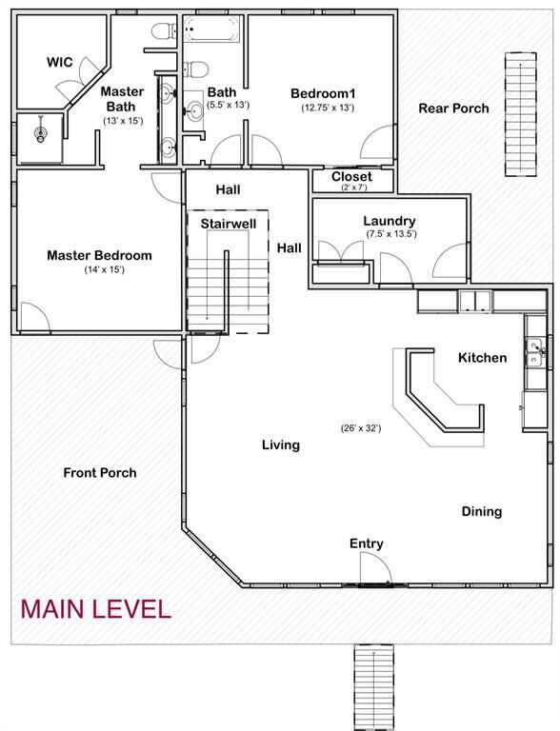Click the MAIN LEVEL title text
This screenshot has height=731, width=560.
95,608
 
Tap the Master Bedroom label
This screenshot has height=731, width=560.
99,255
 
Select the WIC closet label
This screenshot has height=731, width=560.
60,62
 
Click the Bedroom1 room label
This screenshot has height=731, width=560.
323,92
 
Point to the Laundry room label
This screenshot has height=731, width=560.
390,221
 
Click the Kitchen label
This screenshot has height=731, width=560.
482,358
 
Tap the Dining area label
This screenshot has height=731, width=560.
482,511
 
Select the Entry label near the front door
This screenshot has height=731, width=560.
367,543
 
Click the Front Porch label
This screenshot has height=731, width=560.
100,472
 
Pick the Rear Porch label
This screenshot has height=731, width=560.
453,108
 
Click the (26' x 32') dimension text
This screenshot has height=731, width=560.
361,428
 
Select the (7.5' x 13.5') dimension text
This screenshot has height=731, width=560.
390,234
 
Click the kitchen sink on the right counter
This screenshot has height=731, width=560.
536,352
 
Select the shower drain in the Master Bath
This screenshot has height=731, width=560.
41,135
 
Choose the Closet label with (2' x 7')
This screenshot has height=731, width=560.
351,176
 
